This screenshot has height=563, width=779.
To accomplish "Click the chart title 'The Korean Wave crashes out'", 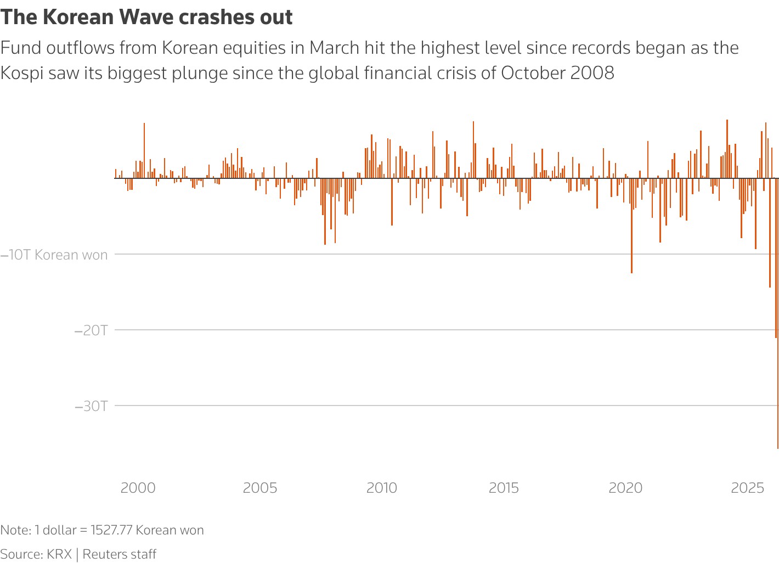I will pos(146,18).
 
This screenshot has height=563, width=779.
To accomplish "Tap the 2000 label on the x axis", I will pos(138,488).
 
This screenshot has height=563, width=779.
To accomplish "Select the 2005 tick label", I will pos(260,488).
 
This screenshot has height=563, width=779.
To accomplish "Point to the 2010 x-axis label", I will pos(382,488).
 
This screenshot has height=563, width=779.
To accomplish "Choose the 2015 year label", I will pos(504,488).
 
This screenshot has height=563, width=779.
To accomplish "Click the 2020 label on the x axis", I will pos(625,488).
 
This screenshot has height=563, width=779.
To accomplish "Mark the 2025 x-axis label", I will pos(747,488).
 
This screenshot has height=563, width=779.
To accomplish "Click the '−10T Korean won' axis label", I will pos(54,255).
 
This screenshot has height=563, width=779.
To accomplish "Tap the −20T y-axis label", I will pos(91,330).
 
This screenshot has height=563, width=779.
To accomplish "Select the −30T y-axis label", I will pos(91,406).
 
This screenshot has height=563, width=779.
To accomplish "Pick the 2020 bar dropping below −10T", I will pos(631,230).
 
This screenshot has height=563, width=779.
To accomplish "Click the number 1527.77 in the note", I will pos(111,530).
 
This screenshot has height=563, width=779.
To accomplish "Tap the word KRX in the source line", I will pos(59,554).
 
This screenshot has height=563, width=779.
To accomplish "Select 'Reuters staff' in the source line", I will pos(120,554).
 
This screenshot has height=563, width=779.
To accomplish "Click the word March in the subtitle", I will pos(336,48).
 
